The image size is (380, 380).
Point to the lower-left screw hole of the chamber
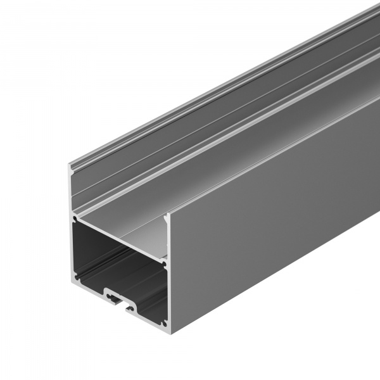tap(76, 276)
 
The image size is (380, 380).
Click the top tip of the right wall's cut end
tap(168, 216)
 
